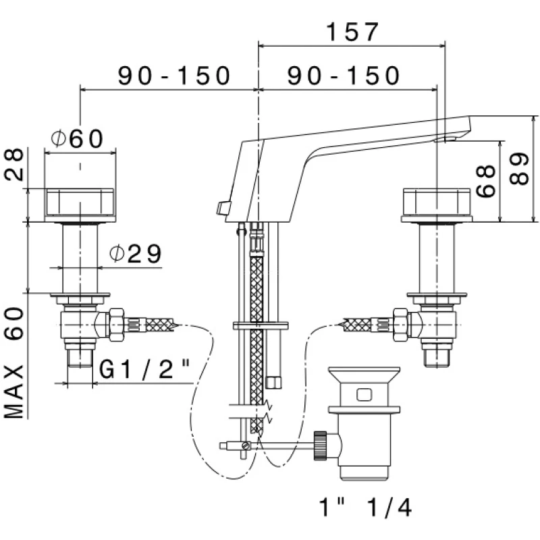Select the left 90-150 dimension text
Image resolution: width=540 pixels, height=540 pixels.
point(175,75)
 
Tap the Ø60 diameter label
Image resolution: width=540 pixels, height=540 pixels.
point(78,138)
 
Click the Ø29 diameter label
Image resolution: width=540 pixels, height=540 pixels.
point(135,254)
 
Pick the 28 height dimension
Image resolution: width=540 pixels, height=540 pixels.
point(15,164)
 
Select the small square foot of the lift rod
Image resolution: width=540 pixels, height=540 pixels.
point(274,383)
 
